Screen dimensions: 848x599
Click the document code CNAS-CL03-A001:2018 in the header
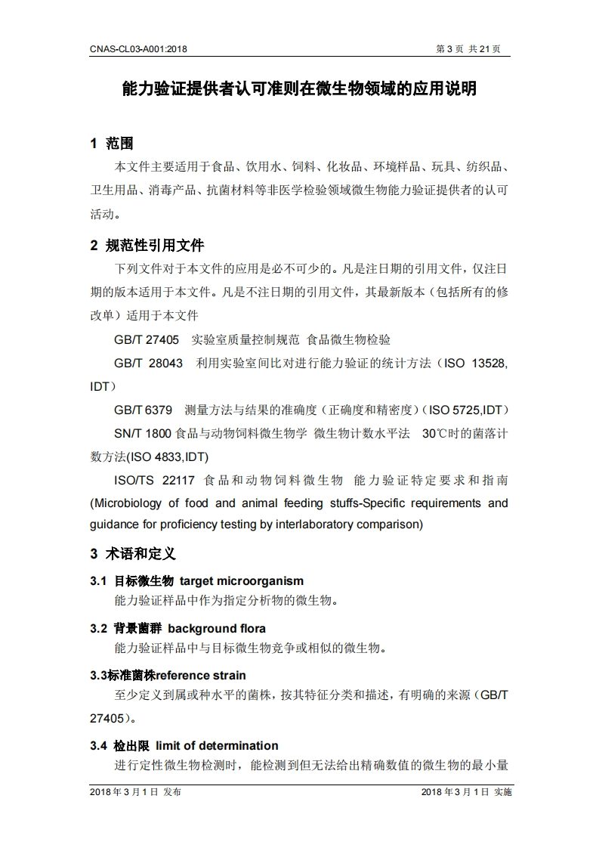point(138,49)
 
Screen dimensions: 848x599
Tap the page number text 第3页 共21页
point(468,49)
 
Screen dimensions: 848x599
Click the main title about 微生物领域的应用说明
point(299,89)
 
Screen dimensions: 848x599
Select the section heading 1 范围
point(112,144)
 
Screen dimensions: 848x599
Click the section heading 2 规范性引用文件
point(147,246)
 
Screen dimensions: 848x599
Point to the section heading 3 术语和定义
point(133,554)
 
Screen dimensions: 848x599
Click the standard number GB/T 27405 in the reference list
point(147,340)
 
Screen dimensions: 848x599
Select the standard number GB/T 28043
point(148,363)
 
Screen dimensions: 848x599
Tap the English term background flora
point(217,628)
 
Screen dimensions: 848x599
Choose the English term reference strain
point(201,675)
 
